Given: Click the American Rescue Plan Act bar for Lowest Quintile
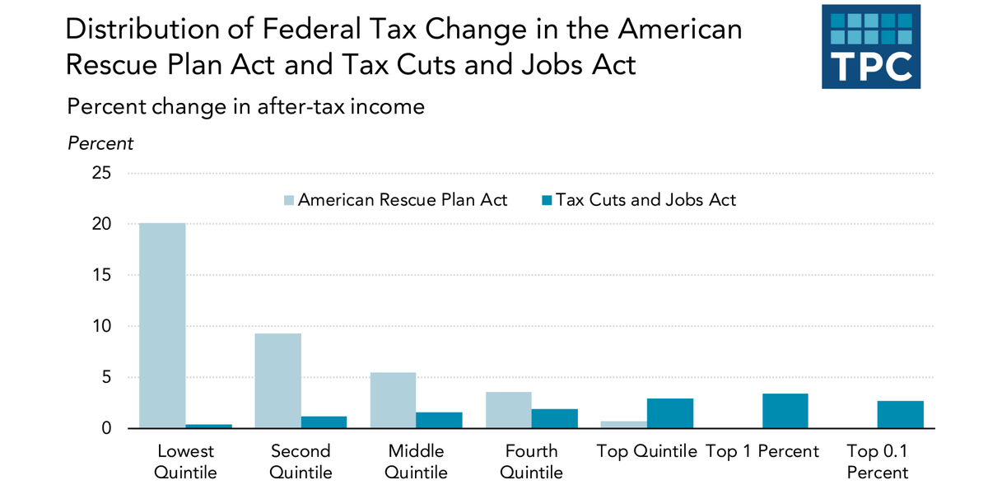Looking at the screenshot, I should pyautogui.click(x=162, y=325).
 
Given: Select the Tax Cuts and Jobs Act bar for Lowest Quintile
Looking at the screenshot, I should pyautogui.click(x=208, y=426).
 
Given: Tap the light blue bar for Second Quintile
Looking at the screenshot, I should pyautogui.click(x=277, y=380).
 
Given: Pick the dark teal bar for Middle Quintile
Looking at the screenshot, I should pyautogui.click(x=439, y=420).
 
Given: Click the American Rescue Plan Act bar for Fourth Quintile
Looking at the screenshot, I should pyautogui.click(x=508, y=410).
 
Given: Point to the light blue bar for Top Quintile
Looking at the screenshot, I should pyautogui.click(x=623, y=425).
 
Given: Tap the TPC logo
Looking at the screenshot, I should pyautogui.click(x=871, y=47).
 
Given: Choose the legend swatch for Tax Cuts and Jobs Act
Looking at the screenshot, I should pyautogui.click(x=545, y=200).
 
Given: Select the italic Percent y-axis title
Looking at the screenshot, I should pyautogui.click(x=100, y=143).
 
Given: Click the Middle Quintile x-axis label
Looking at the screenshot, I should pyautogui.click(x=416, y=461).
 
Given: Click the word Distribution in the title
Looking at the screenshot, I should pyautogui.click(x=137, y=30).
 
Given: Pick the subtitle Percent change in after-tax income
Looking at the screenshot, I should pyautogui.click(x=245, y=107).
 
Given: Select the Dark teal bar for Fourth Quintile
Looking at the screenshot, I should pyautogui.click(x=554, y=418).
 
